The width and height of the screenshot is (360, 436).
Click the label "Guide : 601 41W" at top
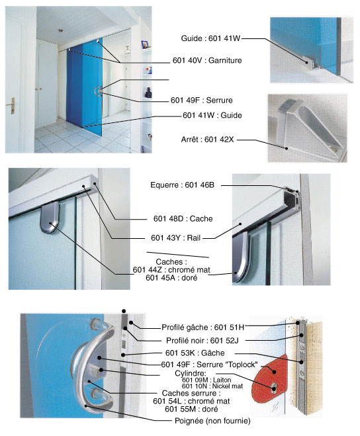[210, 38]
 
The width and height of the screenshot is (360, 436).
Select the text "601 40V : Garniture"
[207, 60]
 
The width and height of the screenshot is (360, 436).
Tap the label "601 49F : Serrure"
[201, 100]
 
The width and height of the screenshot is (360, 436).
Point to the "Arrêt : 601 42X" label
[207, 140]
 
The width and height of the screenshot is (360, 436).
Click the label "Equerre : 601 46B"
[182, 185]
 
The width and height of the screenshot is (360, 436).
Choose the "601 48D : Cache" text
[183, 219]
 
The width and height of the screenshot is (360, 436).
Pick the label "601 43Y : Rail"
[175, 238]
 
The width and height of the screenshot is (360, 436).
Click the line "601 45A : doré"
[171, 278]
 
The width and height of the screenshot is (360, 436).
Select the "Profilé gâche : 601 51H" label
[202, 327]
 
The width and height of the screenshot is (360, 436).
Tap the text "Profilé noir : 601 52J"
[202, 340]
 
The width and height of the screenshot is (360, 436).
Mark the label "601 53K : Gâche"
[195, 353]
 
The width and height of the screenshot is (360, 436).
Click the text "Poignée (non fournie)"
[212, 421]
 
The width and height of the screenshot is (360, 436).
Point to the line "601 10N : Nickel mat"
[212, 386]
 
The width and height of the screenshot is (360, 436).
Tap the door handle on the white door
[11, 105]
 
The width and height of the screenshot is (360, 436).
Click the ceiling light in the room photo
[60, 30]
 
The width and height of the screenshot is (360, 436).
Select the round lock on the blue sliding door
[98, 91]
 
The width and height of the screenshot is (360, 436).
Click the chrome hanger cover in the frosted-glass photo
[50, 218]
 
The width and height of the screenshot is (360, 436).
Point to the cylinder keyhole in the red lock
[274, 387]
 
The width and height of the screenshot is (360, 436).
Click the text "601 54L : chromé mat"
[191, 401]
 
